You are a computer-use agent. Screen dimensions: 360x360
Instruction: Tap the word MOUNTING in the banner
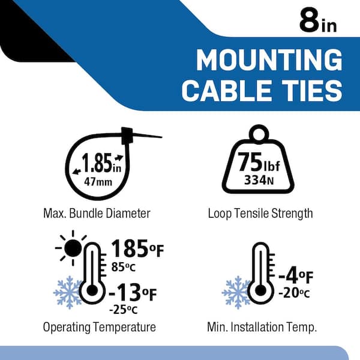click(x=269, y=60)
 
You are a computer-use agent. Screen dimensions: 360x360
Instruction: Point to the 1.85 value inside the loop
click(x=97, y=163)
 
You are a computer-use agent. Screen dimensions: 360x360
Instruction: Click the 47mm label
click(x=98, y=182)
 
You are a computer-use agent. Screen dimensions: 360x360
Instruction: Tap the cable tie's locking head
click(x=127, y=136)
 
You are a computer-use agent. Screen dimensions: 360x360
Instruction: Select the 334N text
click(x=259, y=180)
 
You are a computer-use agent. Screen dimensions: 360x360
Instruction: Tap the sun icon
click(x=73, y=248)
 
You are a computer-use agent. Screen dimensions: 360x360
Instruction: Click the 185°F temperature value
click(x=137, y=248)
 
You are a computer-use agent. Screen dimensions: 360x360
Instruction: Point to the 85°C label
click(x=124, y=267)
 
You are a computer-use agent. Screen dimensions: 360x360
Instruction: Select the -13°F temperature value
click(x=133, y=292)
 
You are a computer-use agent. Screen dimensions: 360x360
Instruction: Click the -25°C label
click(x=123, y=310)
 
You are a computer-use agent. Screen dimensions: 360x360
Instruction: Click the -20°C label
click(x=294, y=293)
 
